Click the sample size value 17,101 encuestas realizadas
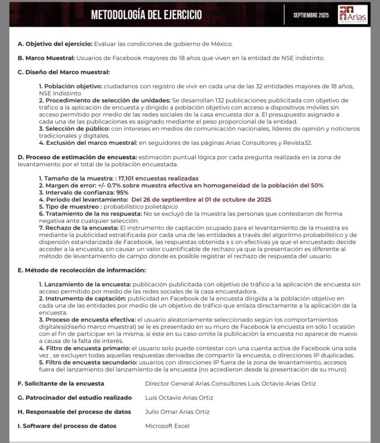(x=158, y=178)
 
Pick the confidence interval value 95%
(x=122, y=192)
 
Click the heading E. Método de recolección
(x=81, y=270)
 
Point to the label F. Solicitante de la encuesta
(x=61, y=383)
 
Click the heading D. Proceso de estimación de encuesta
(x=77, y=157)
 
